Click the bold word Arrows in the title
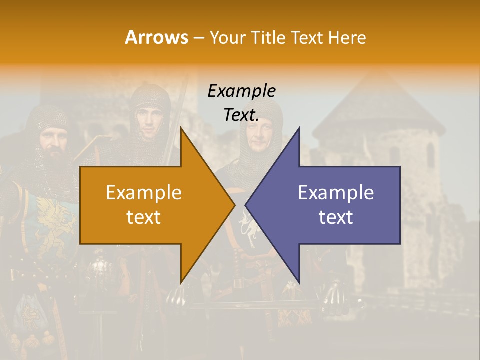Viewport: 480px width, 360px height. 157,37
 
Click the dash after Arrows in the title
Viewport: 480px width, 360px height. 198,38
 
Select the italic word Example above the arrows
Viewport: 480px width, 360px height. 241,91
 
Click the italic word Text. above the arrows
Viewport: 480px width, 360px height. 241,115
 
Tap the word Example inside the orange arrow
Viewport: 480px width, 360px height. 144,192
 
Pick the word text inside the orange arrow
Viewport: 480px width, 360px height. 144,217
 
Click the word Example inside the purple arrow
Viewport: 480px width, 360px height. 336,192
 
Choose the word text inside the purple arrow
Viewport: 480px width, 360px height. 336,217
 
